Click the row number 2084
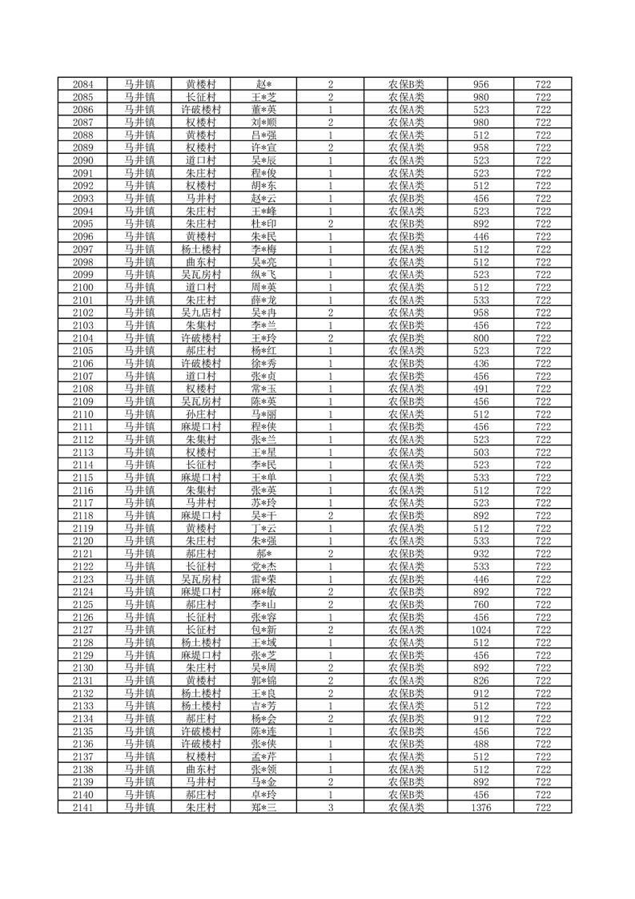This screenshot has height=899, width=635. [82, 84]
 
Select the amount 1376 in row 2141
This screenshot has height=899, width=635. [481, 808]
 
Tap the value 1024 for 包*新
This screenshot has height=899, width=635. [481, 630]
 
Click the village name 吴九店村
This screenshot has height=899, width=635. [201, 312]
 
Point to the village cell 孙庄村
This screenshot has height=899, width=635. [201, 414]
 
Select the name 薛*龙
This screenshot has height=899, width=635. [263, 300]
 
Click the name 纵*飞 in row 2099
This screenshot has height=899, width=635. [263, 274]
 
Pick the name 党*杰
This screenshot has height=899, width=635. [263, 566]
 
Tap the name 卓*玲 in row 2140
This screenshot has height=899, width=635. [263, 795]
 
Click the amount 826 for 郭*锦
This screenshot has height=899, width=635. [481, 680]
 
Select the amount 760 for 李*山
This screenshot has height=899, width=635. [481, 604]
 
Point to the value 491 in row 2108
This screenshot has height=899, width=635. [481, 389]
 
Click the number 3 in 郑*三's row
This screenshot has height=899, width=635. [330, 808]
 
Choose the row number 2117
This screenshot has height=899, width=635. [82, 502]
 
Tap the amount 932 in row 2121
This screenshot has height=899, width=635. [481, 554]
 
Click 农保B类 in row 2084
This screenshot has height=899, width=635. [406, 84]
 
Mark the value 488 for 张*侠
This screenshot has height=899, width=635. [481, 744]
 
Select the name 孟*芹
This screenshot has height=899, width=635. [263, 757]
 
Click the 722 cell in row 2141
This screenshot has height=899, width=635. [543, 808]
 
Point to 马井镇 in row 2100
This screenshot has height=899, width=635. [139, 287]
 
